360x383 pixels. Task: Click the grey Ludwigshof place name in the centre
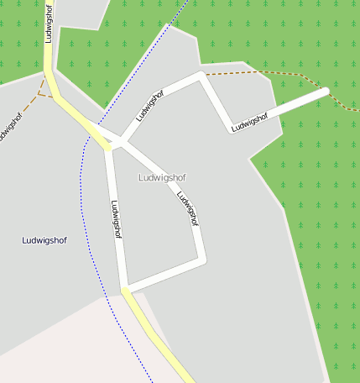point(161,178)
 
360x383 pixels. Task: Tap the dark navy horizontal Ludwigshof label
point(44,240)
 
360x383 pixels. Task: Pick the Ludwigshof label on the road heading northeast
point(149,106)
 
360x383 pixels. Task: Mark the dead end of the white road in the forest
point(325,91)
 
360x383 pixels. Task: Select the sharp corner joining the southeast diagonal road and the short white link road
point(202,260)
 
